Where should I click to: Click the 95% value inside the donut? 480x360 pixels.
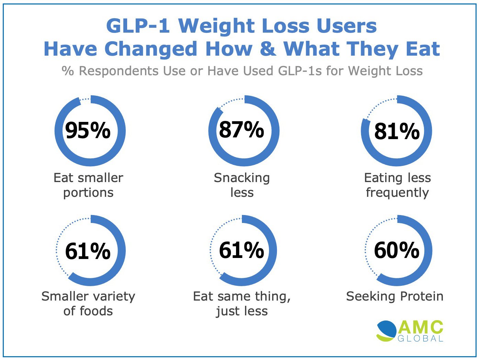tap(88, 131)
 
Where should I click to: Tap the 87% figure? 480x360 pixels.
tap(242, 130)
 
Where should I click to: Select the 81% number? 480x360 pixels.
tap(397, 131)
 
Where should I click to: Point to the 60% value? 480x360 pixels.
tap(397, 250)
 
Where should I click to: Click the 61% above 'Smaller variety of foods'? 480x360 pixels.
tap(88, 251)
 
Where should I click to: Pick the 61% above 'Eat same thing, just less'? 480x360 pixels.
tap(242, 250)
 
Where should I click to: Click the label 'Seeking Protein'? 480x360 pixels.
tap(394, 296)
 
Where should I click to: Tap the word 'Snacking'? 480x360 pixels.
tap(242, 178)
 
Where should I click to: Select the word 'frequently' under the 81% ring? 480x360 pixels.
tap(397, 193)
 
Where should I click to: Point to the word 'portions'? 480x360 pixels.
tap(88, 193)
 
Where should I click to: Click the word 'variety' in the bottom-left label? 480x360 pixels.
tap(114, 296)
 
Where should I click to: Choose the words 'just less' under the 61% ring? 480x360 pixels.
tap(242, 311)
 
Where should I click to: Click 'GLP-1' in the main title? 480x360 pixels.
tap(138, 26)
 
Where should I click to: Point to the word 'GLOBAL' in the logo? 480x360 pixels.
tap(421, 339)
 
